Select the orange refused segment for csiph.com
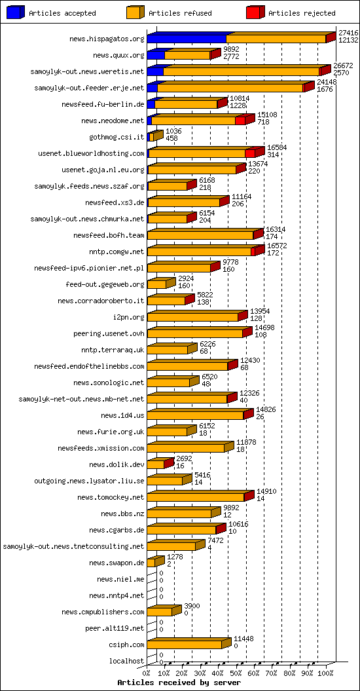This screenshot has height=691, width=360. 185,644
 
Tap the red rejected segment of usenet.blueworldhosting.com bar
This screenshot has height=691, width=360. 249,153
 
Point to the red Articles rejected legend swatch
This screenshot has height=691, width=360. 255,12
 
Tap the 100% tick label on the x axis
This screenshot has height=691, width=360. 325,673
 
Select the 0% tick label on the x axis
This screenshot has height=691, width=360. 147,673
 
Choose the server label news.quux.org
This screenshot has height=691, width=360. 118,56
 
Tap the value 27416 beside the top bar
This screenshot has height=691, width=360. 348,32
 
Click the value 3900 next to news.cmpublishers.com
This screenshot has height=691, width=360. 192,606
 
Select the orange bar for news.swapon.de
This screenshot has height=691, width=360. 151,563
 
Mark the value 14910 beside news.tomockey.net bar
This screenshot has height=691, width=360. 266,491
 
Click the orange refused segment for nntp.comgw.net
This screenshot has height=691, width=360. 199,252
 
